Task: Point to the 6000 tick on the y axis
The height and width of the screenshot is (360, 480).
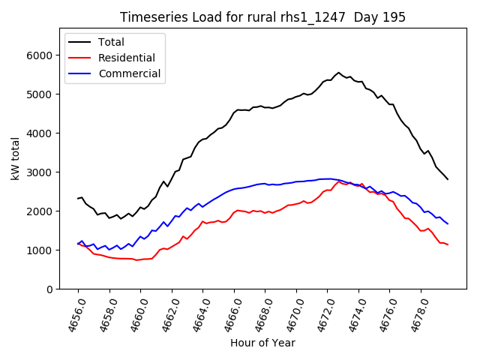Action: [40, 55]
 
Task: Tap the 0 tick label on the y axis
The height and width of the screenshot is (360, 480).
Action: [51, 289]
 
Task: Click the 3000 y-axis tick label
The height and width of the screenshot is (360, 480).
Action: [40, 172]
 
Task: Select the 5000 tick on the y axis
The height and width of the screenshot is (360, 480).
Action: [40, 94]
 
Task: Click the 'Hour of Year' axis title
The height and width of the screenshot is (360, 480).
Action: [262, 343]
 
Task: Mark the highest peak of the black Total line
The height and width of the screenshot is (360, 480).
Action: [338, 73]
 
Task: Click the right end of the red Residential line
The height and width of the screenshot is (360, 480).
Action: [448, 244]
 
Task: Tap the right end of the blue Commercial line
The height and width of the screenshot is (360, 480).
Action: [448, 223]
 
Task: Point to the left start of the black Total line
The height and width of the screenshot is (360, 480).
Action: [78, 199]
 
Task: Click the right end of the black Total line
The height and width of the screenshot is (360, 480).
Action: [448, 179]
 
